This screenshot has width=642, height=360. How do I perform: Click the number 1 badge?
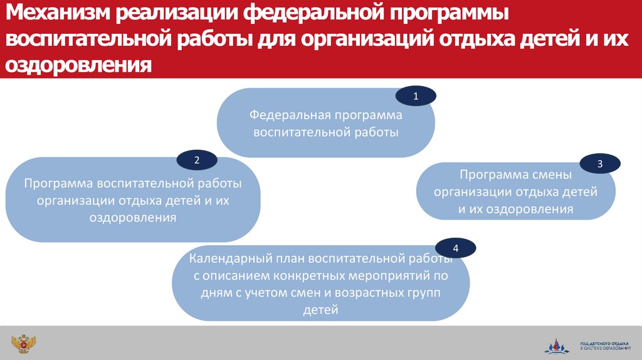(416, 97)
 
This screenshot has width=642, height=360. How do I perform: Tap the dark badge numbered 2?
(197, 160)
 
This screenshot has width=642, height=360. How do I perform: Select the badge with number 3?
(600, 164)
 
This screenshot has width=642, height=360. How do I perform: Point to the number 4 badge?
(456, 248)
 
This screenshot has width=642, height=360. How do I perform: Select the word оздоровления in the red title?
(80, 65)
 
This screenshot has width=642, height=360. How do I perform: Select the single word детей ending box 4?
(320, 309)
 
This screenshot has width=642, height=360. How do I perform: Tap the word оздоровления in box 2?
(133, 218)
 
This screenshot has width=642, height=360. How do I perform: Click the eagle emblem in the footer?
(23, 344)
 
